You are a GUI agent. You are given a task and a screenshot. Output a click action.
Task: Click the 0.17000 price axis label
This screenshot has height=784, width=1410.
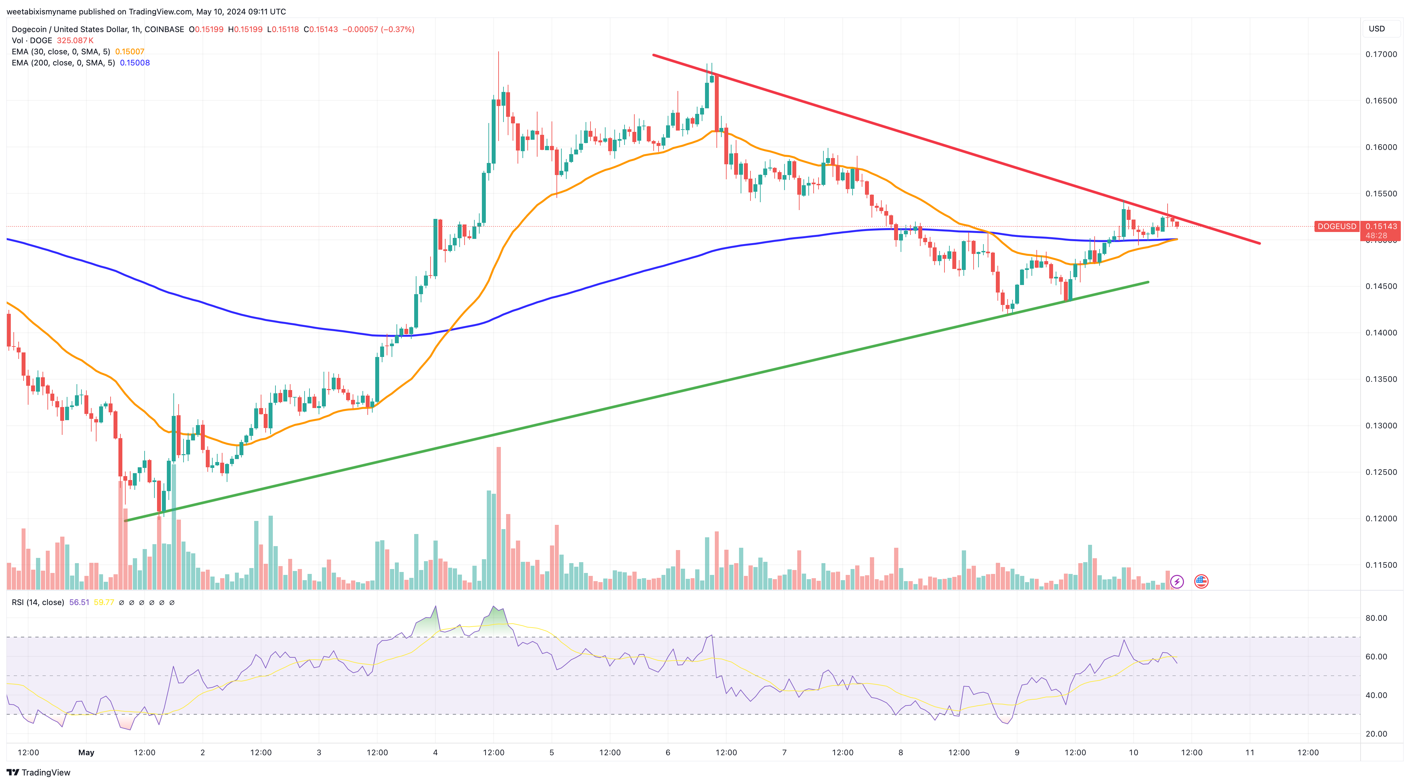point(1381,54)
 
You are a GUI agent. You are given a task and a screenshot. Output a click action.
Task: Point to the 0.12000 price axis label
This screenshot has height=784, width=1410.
point(1381,519)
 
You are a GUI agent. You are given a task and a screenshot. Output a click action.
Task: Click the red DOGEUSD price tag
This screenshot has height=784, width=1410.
point(1336,226)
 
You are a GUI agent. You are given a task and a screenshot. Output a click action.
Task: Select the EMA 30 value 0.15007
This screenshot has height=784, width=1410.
point(130,51)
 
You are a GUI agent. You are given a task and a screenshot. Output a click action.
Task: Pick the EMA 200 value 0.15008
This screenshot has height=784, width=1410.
point(135,62)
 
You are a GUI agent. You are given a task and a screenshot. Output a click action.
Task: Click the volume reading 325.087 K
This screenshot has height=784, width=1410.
point(75,41)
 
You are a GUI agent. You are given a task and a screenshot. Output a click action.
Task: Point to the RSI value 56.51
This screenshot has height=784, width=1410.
point(79,602)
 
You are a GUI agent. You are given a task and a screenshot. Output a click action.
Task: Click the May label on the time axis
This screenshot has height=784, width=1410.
point(86,752)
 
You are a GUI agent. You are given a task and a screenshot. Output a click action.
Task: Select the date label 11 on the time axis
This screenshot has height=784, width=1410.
point(1250,752)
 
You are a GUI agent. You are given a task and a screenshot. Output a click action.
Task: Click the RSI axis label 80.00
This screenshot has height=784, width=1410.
point(1376,618)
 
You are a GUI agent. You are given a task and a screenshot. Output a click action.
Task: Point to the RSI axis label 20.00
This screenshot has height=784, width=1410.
point(1376,734)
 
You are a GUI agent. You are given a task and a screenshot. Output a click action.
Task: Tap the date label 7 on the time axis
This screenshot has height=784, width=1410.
point(784,752)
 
